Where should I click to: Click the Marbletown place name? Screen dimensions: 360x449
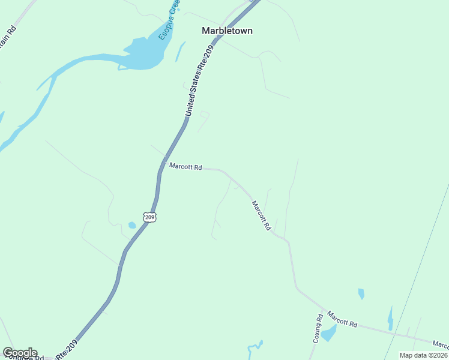coord(227,31)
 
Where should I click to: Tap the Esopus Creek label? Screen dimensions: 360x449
coord(169,20)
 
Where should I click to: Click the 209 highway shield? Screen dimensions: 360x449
coord(149,216)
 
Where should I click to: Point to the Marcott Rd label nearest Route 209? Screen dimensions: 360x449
coord(185,166)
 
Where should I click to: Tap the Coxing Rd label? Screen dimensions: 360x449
coord(317,328)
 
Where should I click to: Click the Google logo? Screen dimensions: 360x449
coord(20,353)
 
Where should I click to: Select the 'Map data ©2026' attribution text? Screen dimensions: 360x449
coord(423,355)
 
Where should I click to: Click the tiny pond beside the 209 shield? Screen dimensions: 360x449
coord(132,226)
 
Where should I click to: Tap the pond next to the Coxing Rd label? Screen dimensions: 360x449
coord(328,333)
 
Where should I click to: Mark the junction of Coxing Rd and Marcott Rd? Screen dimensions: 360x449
coord(322,310)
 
